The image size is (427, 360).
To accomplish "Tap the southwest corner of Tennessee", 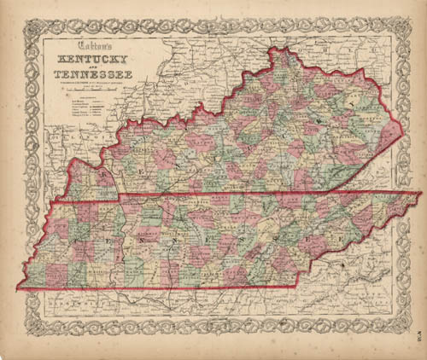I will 18,288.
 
